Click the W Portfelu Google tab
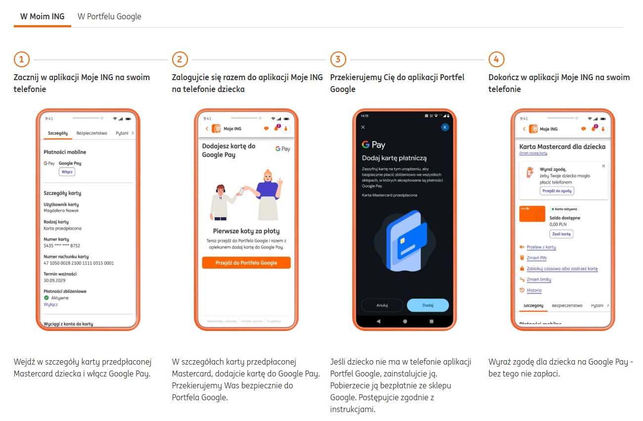click(109, 16)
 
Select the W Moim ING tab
click(42, 16)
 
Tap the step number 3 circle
click(338, 60)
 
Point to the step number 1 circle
click(21, 60)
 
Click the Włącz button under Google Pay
click(67, 172)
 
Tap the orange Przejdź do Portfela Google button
click(246, 263)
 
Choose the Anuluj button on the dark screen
click(382, 305)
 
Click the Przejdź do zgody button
click(557, 191)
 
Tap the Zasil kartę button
click(561, 234)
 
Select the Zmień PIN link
click(536, 258)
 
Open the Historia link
click(534, 290)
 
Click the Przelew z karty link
click(541, 247)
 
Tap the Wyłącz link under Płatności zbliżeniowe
click(50, 304)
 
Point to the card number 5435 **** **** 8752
click(62, 245)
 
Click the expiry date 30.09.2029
click(55, 280)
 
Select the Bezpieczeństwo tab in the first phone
click(92, 133)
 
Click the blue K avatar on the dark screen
click(445, 127)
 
